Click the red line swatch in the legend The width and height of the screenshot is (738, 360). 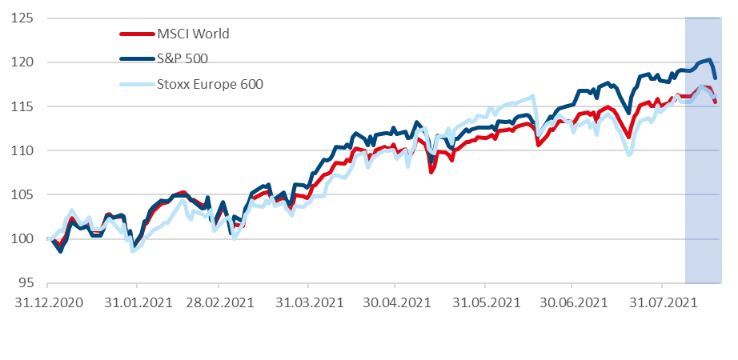point(134,34)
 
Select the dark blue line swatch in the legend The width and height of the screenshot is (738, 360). point(134,58)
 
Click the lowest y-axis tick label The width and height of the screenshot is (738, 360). point(27,283)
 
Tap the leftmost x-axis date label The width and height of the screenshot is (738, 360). point(48,302)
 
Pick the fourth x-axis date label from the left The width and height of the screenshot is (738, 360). point(311,302)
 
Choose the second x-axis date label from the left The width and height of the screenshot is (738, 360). point(136,302)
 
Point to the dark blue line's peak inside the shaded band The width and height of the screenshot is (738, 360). point(708,59)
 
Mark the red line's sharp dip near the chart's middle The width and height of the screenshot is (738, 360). point(431,171)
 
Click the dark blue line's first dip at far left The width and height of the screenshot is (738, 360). point(60,252)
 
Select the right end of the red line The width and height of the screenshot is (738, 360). point(715,100)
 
